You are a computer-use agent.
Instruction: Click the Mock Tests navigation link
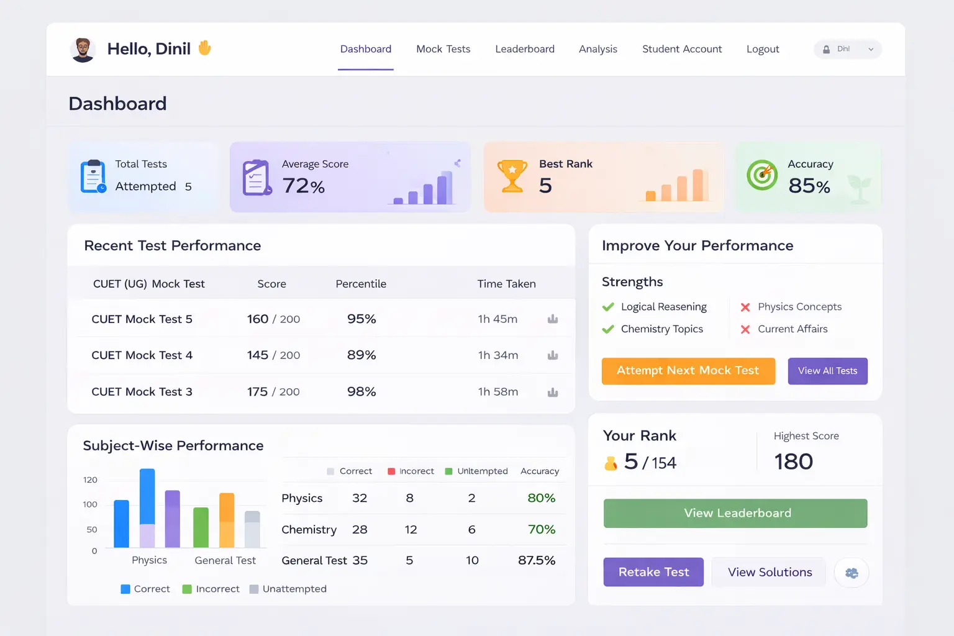(x=443, y=49)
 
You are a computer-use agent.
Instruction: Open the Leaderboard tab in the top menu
(x=524, y=49)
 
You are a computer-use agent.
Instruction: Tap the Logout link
(x=762, y=49)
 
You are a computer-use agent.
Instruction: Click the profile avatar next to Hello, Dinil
(x=83, y=50)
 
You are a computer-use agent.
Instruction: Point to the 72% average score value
(x=303, y=186)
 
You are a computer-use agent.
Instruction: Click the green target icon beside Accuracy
(x=762, y=175)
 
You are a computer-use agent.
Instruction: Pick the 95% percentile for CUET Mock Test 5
(x=361, y=319)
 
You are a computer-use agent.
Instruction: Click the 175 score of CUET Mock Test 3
(x=257, y=392)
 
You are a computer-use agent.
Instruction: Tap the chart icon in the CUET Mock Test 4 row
(x=553, y=355)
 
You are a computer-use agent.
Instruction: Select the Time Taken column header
(x=506, y=284)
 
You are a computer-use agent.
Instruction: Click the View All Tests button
(x=827, y=371)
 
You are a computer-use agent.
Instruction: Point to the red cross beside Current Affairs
(x=745, y=329)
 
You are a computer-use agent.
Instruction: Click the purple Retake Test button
(x=653, y=572)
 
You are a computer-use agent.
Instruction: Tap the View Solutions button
(x=770, y=572)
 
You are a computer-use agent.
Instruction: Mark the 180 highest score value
(x=793, y=461)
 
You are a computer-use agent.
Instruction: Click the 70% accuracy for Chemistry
(x=541, y=530)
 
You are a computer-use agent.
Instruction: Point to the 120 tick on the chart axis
(x=90, y=480)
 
